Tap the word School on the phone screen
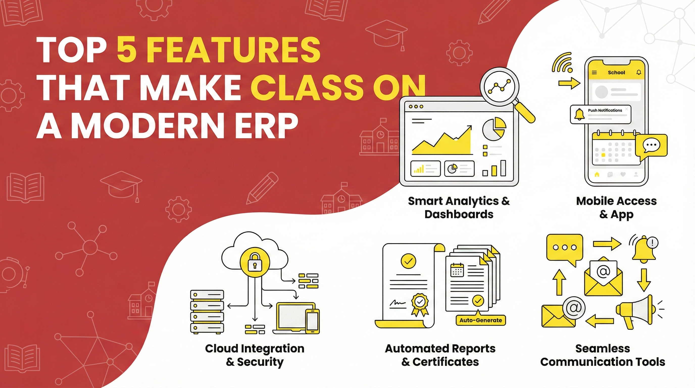(x=616, y=72)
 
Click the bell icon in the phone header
(x=639, y=72)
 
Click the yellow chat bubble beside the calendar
(x=651, y=146)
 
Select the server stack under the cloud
(x=207, y=312)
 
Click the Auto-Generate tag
(x=481, y=320)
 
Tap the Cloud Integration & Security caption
(x=254, y=355)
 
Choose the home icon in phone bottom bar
(x=597, y=175)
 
